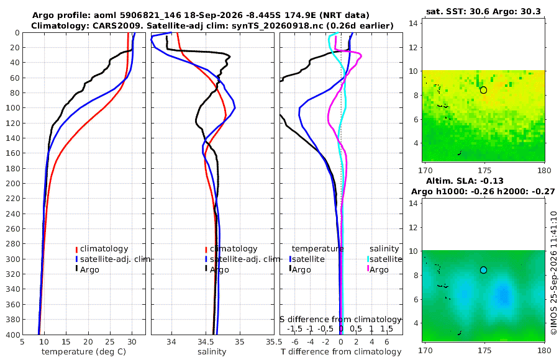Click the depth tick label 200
(13, 183)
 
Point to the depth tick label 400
(13, 335)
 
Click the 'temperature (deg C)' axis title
(84, 352)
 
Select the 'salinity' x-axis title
(212, 352)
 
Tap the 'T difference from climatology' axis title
(341, 352)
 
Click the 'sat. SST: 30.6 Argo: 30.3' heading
(483, 11)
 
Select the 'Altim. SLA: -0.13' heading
(465, 181)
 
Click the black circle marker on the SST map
(483, 90)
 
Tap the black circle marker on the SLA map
(483, 270)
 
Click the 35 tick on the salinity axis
(240, 342)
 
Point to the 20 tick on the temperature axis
(88, 342)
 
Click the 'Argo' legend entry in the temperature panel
(89, 270)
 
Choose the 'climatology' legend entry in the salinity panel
(233, 249)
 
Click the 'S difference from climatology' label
(341, 320)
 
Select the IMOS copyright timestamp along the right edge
(553, 273)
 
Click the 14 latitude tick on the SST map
(413, 23)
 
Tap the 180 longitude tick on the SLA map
(544, 350)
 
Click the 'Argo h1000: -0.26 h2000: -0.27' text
(483, 191)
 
